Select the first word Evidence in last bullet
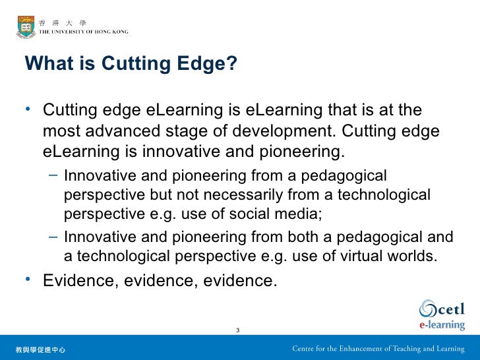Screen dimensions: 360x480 [75, 281]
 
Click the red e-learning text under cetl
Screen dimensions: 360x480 [441, 325]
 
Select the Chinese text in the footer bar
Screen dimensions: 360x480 [40, 349]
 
